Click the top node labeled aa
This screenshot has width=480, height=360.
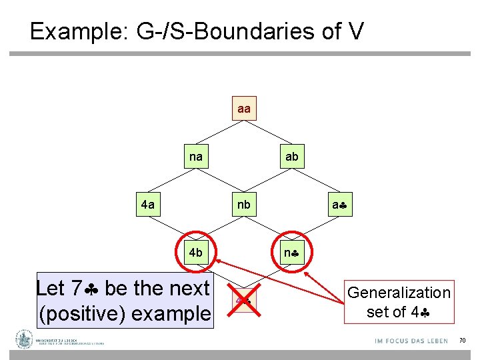[244, 108]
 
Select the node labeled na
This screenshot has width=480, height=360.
[196, 157]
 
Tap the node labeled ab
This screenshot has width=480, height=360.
[292, 157]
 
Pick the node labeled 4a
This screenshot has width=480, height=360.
[148, 205]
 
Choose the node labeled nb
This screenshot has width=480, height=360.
[244, 205]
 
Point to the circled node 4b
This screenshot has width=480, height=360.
[196, 253]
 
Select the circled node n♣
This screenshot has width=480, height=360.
[292, 253]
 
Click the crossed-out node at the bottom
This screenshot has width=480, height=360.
[243, 300]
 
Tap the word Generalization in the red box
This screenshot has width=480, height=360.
[399, 293]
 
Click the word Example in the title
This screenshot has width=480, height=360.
[74, 31]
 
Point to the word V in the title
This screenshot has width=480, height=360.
[355, 31]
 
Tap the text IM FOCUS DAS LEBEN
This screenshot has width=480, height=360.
[411, 341]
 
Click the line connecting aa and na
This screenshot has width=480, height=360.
[220, 133]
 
